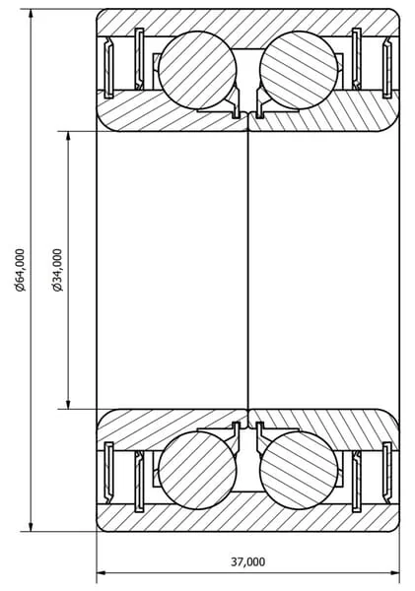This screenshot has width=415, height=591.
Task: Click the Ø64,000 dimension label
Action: tap(20, 270)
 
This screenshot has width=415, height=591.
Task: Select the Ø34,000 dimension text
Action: tap(58, 270)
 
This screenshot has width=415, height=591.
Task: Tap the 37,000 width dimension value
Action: tap(247, 562)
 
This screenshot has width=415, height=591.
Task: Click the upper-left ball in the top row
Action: tap(197, 70)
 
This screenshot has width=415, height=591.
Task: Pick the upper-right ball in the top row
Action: tap(299, 70)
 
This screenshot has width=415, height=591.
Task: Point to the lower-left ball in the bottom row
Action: tap(197, 470)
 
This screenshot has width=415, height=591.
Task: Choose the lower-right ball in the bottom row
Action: tap(299, 470)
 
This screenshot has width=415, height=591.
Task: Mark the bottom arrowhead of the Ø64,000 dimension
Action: tap(31, 525)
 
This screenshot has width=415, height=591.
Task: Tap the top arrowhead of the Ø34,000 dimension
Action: tap(68, 138)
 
